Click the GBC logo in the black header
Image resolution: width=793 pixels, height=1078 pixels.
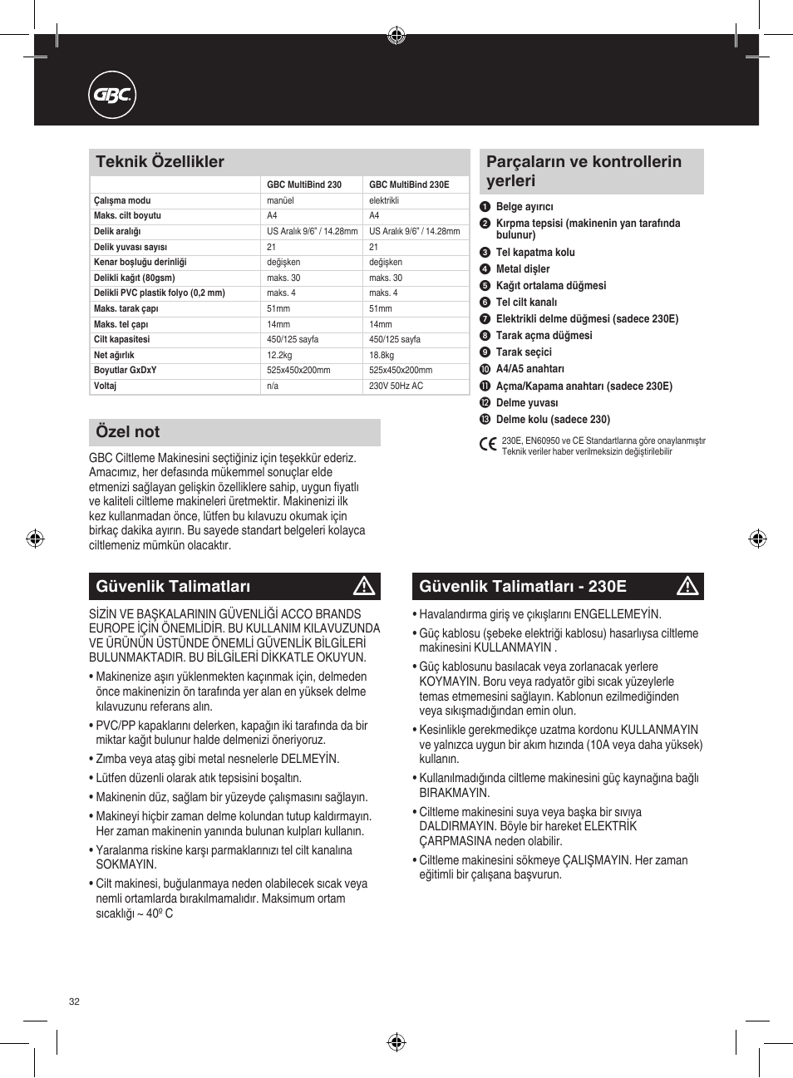click(112, 96)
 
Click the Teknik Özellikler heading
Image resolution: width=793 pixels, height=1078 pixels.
click(160, 162)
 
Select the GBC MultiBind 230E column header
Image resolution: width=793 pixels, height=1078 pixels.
click(409, 185)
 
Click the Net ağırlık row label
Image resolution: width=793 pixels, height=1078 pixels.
click(114, 355)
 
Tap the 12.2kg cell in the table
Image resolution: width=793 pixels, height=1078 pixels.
click(279, 355)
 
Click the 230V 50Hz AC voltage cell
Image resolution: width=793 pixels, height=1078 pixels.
click(396, 386)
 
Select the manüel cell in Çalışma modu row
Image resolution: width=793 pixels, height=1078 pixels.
click(280, 200)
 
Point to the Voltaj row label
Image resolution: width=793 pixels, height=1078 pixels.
click(106, 386)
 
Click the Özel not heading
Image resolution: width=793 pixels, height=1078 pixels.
click(128, 432)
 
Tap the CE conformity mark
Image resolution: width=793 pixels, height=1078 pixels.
click(488, 445)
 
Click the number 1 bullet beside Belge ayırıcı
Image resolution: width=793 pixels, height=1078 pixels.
click(485, 207)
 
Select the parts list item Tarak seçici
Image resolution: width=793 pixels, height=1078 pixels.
click(524, 352)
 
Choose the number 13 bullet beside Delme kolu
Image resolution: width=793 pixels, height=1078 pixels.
click(485, 420)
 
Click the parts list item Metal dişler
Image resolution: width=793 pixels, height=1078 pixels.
click(523, 269)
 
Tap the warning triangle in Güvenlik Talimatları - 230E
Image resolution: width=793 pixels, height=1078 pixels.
click(687, 587)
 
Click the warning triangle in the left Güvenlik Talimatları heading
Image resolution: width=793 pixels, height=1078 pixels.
click(364, 587)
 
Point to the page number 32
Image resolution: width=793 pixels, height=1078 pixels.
click(74, 1002)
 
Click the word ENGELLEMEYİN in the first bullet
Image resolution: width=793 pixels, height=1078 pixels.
click(618, 614)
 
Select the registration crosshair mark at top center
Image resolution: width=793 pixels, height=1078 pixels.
click(396, 35)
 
